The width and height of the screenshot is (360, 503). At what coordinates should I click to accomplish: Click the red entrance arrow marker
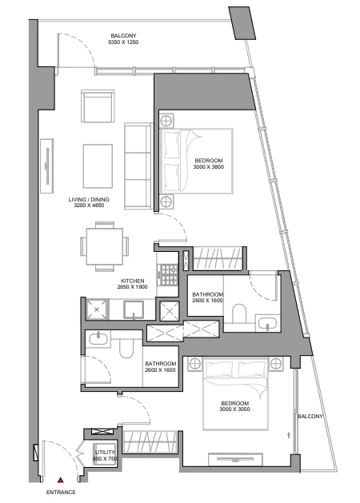(60, 480)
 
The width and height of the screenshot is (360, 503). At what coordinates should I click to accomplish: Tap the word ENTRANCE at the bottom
(61, 492)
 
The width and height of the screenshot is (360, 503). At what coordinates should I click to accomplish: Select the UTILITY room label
(105, 453)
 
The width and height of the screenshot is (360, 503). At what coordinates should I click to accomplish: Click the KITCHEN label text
(133, 281)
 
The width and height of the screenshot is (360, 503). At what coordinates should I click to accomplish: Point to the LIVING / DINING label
(89, 200)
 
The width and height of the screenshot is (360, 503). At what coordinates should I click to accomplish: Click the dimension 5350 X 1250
(123, 42)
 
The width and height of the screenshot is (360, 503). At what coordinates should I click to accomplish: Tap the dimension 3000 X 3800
(209, 167)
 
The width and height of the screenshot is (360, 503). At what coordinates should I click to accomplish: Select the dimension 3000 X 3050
(235, 409)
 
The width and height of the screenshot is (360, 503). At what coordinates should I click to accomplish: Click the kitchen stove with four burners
(169, 274)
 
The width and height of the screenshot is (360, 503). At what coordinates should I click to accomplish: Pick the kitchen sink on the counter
(134, 309)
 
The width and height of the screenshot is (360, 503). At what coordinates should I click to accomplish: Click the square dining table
(105, 246)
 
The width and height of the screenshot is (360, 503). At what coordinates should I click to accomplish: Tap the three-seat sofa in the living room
(138, 166)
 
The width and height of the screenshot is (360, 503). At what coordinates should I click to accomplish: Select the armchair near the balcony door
(98, 106)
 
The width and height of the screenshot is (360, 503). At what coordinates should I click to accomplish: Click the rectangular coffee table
(98, 166)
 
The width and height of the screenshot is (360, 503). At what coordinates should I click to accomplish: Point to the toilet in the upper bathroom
(239, 313)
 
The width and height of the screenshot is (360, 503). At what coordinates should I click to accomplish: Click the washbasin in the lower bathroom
(98, 339)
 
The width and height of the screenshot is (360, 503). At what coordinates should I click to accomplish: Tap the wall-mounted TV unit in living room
(47, 166)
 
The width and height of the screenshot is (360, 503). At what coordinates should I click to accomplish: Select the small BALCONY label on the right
(310, 417)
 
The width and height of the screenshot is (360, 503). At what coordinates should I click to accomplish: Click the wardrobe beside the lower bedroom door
(150, 442)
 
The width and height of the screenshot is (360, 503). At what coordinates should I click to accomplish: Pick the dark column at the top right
(242, 23)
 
